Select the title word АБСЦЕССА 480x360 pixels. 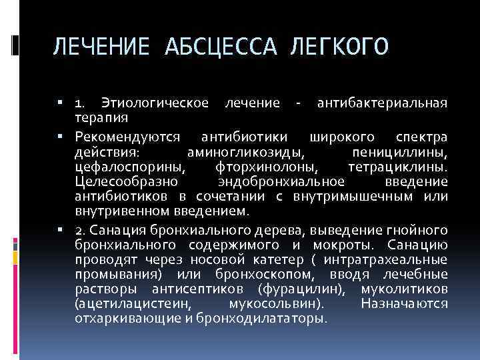click(217, 48)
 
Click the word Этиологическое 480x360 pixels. click(155, 103)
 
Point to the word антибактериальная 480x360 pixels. click(382, 103)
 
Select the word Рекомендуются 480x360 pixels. click(128, 136)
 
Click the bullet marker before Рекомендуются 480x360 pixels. click(60, 136)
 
